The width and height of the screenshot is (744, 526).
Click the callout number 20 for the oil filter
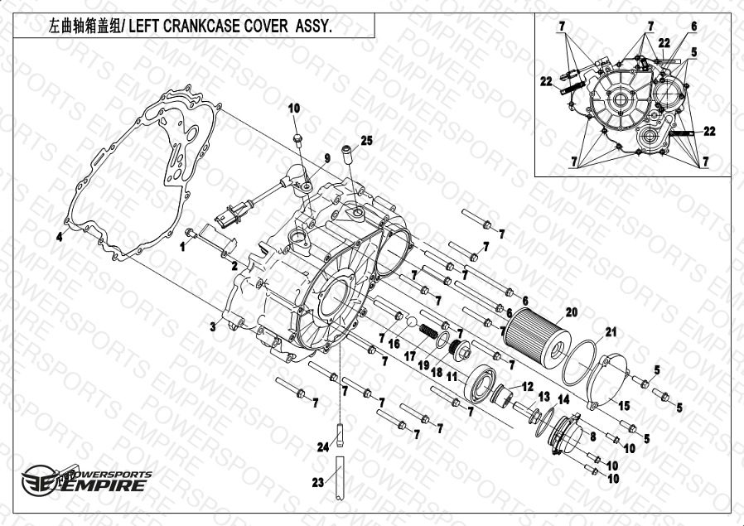(x=572, y=312)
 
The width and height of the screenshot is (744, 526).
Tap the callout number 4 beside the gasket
(x=59, y=237)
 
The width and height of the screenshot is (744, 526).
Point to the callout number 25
(x=366, y=140)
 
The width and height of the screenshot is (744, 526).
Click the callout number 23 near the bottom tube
(x=317, y=483)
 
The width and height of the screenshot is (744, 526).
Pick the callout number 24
(x=323, y=446)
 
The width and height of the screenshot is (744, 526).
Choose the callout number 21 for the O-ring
(x=611, y=332)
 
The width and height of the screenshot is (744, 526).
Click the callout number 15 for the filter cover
(x=624, y=406)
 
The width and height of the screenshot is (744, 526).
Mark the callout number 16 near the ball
(x=394, y=343)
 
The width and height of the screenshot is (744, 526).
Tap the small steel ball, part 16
(x=411, y=321)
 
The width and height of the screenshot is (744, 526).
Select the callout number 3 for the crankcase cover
(x=213, y=326)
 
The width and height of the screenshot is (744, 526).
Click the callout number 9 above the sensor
(x=327, y=158)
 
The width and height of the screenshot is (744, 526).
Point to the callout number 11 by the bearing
(x=452, y=377)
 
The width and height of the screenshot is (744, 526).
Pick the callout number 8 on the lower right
(x=592, y=436)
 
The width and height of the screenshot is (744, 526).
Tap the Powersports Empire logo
(x=86, y=480)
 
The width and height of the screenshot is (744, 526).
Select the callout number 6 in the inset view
(x=693, y=26)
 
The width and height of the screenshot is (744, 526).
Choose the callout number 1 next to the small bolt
(x=182, y=246)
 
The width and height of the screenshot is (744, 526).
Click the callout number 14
(x=563, y=399)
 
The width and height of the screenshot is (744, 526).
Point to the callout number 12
(x=528, y=387)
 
